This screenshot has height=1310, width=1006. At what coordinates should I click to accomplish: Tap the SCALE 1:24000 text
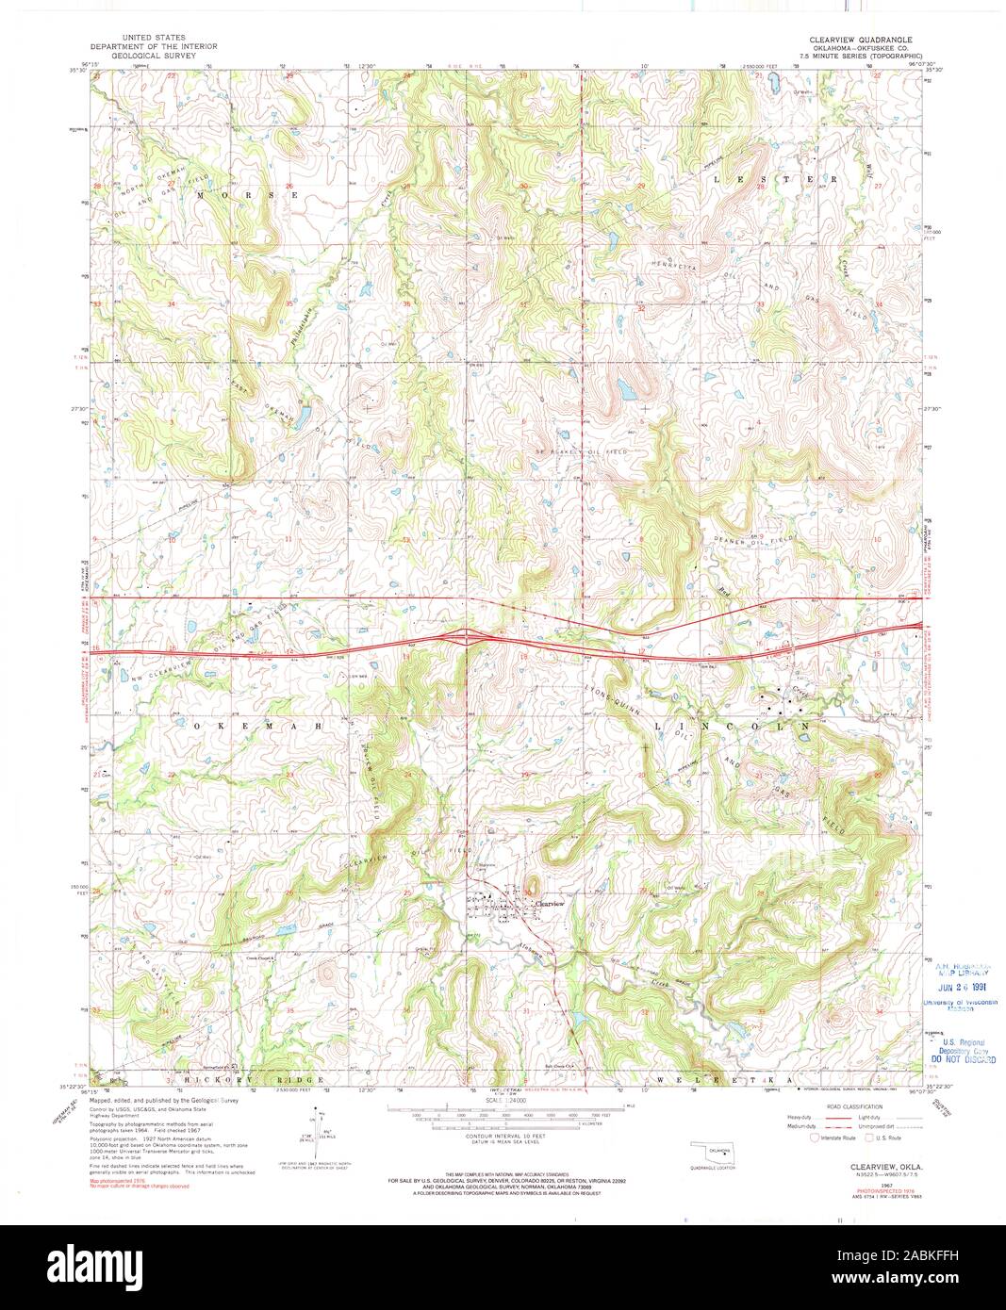pos(503,1100)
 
